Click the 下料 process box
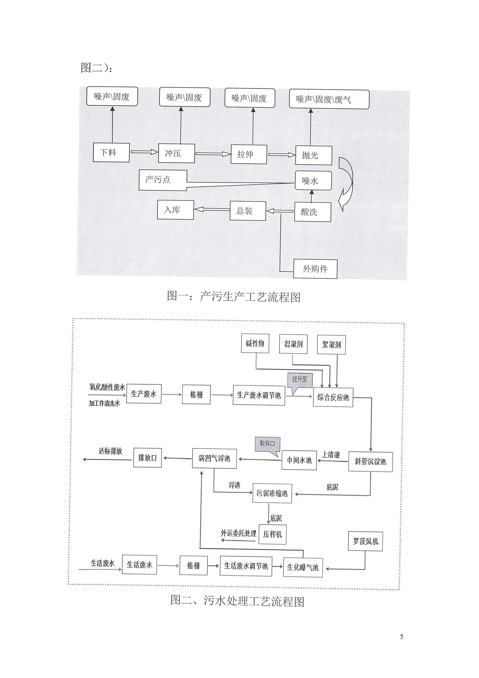click(x=111, y=152)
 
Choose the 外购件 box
click(x=315, y=269)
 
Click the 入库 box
click(x=175, y=210)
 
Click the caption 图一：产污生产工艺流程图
click(x=234, y=296)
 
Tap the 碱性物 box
click(x=255, y=343)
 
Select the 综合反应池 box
click(x=333, y=397)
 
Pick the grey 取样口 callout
click(x=267, y=444)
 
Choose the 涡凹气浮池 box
click(x=214, y=458)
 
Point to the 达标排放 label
click(x=110, y=451)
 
